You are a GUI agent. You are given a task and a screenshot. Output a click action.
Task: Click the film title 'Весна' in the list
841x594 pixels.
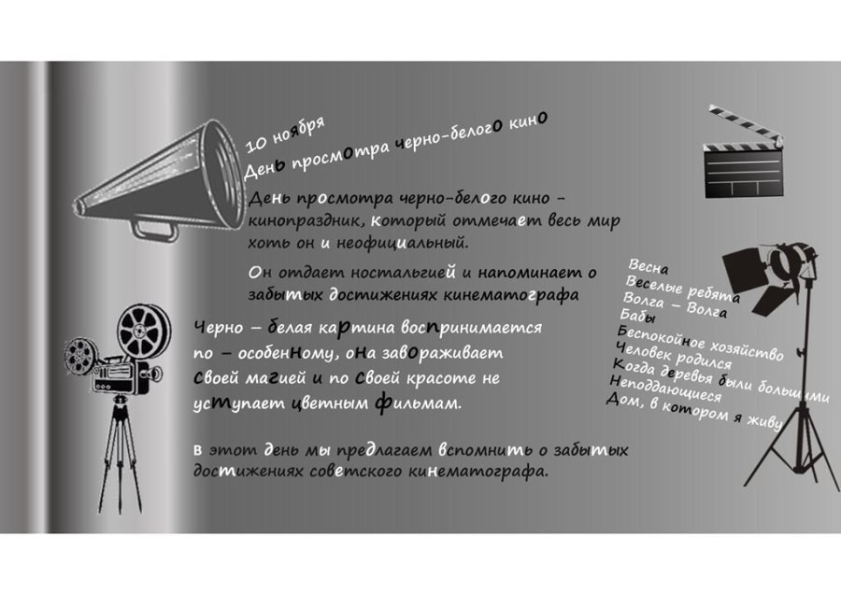[x=649, y=267]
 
